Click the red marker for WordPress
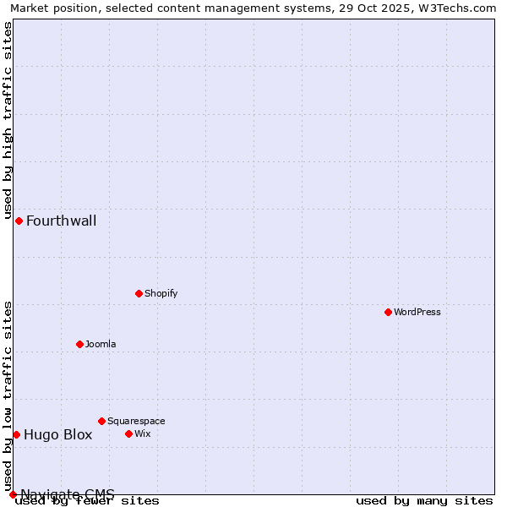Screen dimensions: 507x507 click(x=388, y=312)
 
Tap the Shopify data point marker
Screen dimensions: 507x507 click(x=139, y=293)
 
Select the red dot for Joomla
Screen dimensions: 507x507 click(x=79, y=344)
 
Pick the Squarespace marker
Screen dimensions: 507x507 click(x=101, y=421)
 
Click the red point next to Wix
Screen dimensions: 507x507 click(x=128, y=433)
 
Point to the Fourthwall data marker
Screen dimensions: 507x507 click(x=19, y=221)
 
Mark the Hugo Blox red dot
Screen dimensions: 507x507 click(x=16, y=434)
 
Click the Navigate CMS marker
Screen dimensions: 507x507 click(x=13, y=494)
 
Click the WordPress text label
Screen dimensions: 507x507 click(x=417, y=312)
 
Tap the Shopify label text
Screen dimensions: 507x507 click(x=161, y=293)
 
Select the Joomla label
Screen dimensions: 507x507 click(x=101, y=344)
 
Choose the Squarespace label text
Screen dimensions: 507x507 click(x=136, y=421)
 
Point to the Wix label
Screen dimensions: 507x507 click(x=142, y=433)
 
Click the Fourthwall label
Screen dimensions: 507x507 click(x=61, y=221)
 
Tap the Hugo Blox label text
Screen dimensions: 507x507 click(x=57, y=435)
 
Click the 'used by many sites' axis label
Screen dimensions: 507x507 click(x=424, y=501)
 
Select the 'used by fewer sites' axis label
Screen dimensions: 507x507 click(x=87, y=501)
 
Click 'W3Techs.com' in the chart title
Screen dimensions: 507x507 click(x=461, y=8)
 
